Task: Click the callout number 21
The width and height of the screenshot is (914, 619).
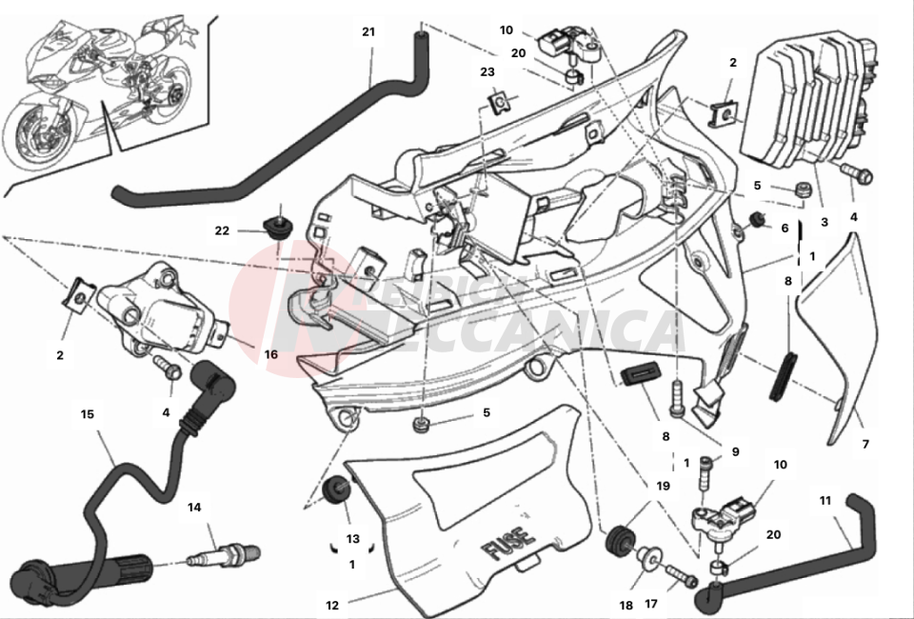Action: (x=368, y=31)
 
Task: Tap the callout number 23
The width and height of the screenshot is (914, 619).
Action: (x=487, y=71)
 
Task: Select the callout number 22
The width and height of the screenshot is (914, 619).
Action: (x=222, y=230)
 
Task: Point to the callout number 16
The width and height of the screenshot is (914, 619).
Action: (x=270, y=354)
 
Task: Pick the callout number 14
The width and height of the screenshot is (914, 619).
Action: (x=194, y=508)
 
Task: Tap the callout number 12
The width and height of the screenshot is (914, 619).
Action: (x=332, y=604)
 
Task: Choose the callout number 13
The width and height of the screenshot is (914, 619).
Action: (x=352, y=539)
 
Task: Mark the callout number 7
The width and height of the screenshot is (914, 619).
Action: (x=865, y=444)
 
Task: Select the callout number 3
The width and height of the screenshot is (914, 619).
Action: (x=825, y=222)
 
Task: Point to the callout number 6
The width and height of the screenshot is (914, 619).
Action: (x=785, y=228)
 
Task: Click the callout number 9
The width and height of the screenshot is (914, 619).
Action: (x=735, y=451)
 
